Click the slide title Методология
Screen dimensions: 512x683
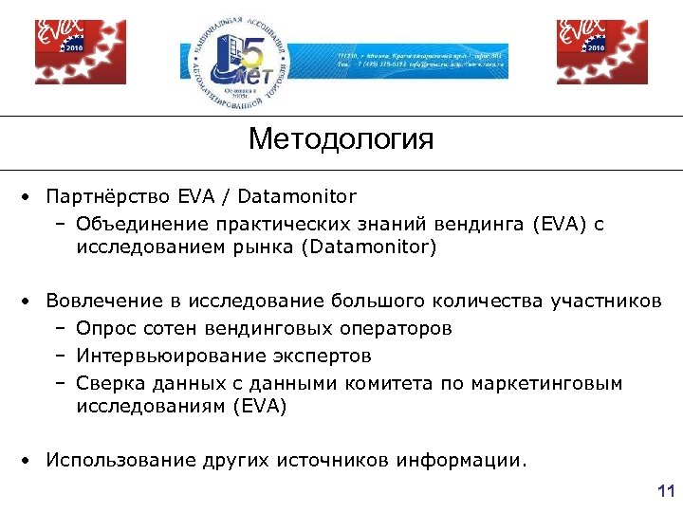point(341,140)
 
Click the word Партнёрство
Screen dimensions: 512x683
point(107,197)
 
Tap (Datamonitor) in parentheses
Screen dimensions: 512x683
point(368,248)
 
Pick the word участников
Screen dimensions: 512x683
point(605,302)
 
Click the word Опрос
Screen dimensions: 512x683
point(105,329)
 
